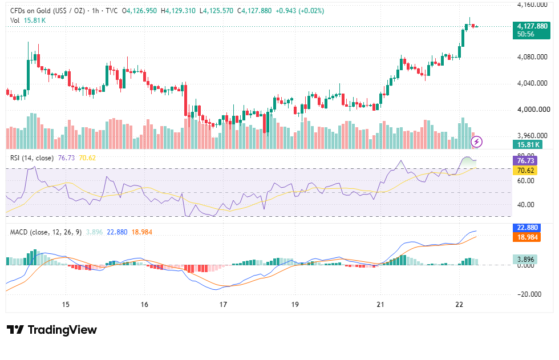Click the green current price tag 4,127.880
(x=531, y=30)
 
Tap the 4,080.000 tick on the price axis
(x=532, y=57)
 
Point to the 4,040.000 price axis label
(x=532, y=83)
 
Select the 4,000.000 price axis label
(x=533, y=110)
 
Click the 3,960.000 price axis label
(x=532, y=135)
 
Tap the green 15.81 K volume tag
(x=528, y=144)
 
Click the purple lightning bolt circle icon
(x=477, y=142)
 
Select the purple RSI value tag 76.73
(x=525, y=161)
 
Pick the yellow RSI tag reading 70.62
(x=525, y=171)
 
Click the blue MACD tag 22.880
(x=527, y=228)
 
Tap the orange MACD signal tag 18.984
(x=527, y=237)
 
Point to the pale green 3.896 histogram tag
(x=525, y=259)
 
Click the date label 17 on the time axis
(x=223, y=305)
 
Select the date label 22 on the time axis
(x=459, y=305)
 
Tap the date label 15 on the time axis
(x=66, y=305)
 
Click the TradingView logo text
(x=62, y=330)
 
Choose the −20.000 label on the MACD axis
(x=529, y=294)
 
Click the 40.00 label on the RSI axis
(x=526, y=205)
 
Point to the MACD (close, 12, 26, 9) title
(x=46, y=232)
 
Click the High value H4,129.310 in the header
(x=178, y=11)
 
